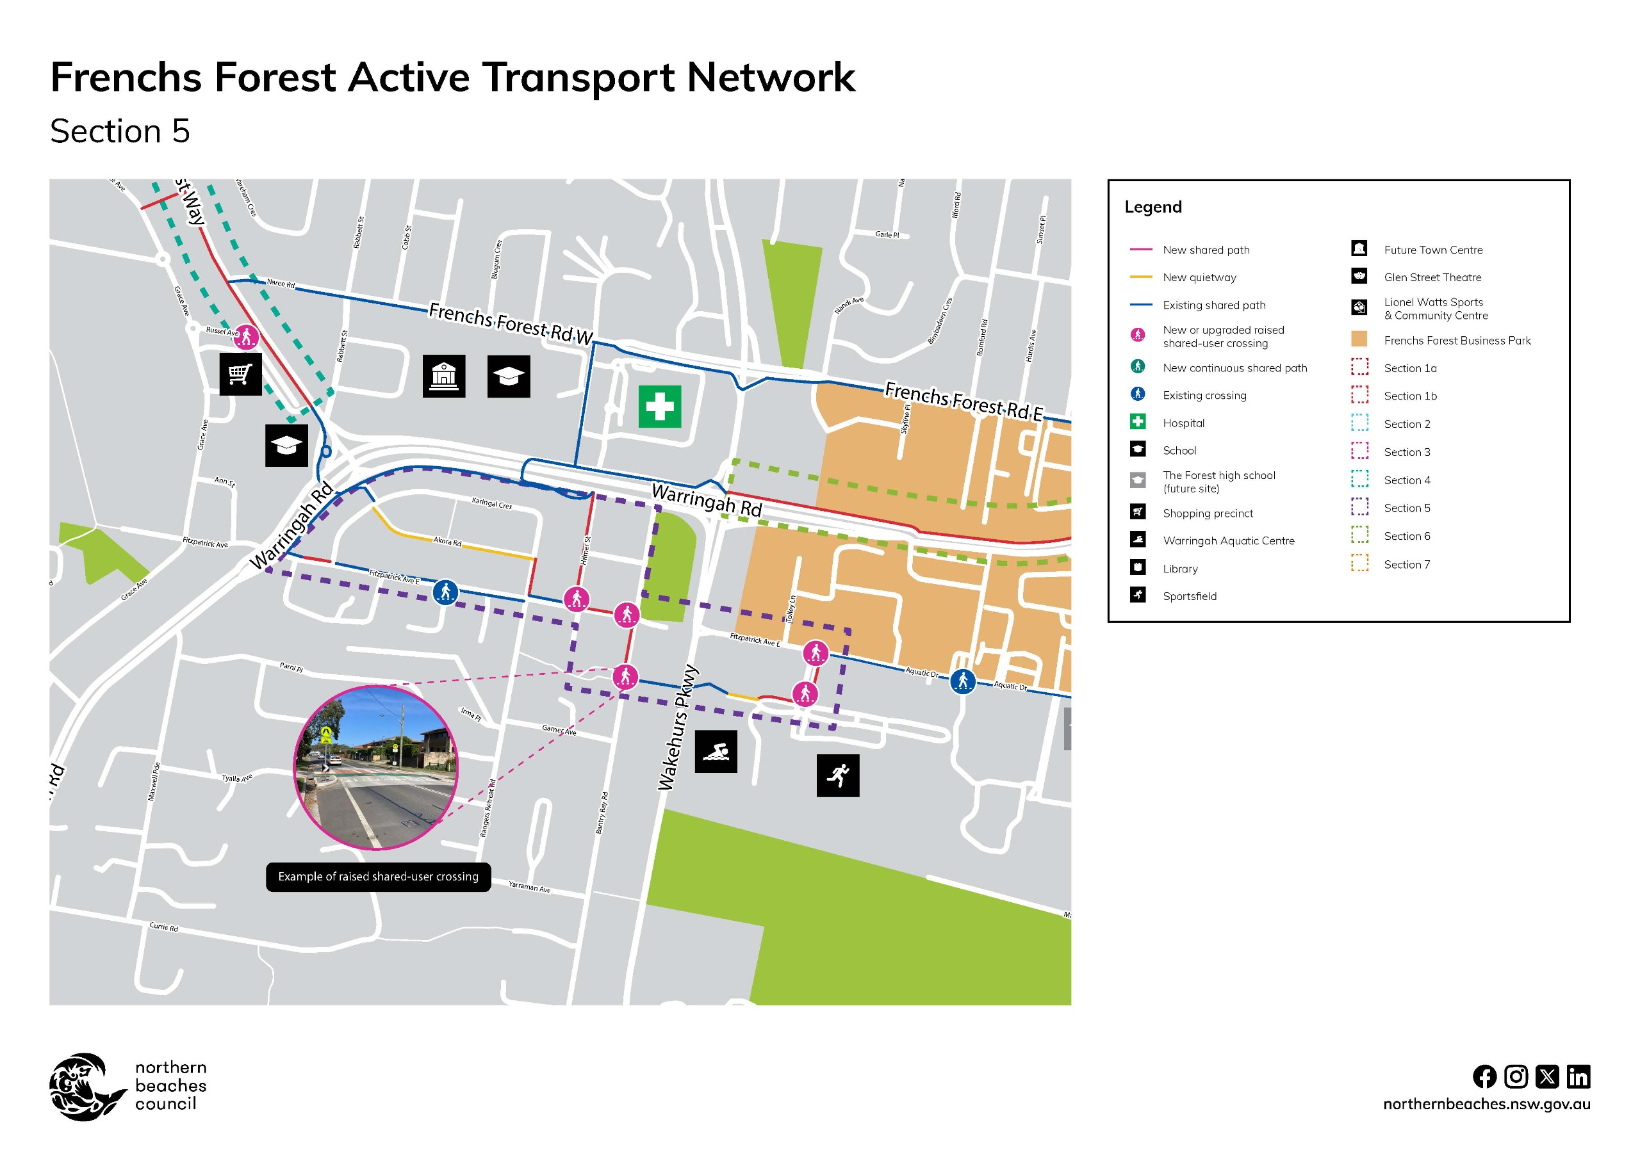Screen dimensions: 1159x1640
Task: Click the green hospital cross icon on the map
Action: point(659,407)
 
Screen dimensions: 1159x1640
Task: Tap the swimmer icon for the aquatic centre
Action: point(716,751)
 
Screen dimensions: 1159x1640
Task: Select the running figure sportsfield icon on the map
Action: point(838,775)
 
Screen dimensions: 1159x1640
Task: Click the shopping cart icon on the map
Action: point(240,373)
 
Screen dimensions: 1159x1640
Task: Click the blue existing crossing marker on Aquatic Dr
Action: point(962,681)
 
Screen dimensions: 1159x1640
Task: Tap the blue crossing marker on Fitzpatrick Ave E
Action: point(445,592)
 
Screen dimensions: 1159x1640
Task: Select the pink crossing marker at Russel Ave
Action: point(247,336)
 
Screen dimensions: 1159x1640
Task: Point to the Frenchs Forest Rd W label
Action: point(511,323)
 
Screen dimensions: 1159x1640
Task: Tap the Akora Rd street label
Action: point(447,541)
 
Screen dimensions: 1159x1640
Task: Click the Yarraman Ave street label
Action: point(529,887)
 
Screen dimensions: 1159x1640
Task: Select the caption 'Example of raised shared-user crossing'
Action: point(378,876)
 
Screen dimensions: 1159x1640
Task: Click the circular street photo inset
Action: point(375,768)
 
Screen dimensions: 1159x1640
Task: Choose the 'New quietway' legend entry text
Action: point(1199,278)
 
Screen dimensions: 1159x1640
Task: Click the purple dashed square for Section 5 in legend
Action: point(1359,507)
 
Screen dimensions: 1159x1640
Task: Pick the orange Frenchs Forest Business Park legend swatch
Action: point(1359,339)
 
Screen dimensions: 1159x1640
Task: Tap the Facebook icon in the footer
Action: point(1484,1076)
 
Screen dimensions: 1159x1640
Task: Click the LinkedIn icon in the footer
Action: point(1578,1076)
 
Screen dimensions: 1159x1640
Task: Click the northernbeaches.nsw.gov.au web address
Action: point(1486,1103)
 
